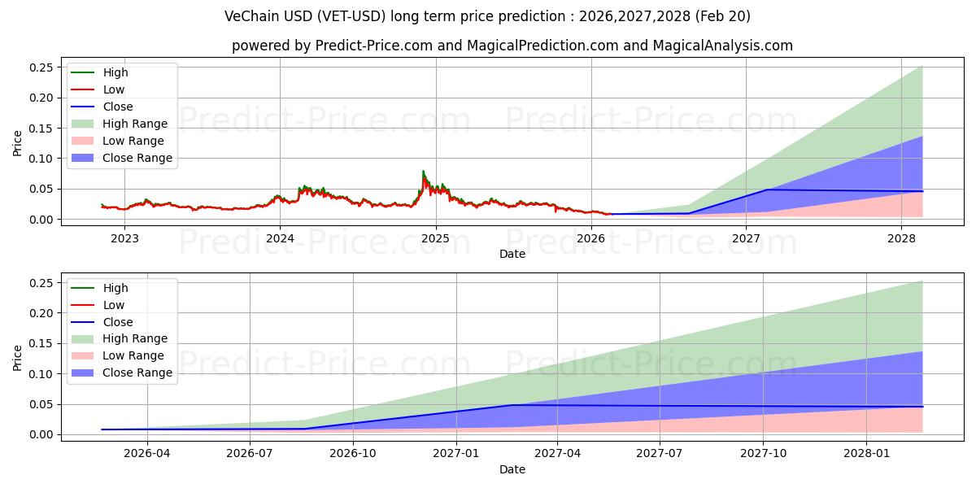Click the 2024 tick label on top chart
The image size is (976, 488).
pyautogui.click(x=280, y=238)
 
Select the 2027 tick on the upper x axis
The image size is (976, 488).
pyautogui.click(x=746, y=238)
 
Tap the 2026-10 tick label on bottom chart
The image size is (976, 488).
pyautogui.click(x=353, y=453)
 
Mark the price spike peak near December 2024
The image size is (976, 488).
pyautogui.click(x=423, y=171)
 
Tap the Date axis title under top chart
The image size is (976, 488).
pyautogui.click(x=512, y=254)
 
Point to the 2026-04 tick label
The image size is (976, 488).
pyautogui.click(x=147, y=453)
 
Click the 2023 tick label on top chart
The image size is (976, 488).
pyautogui.click(x=124, y=238)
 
